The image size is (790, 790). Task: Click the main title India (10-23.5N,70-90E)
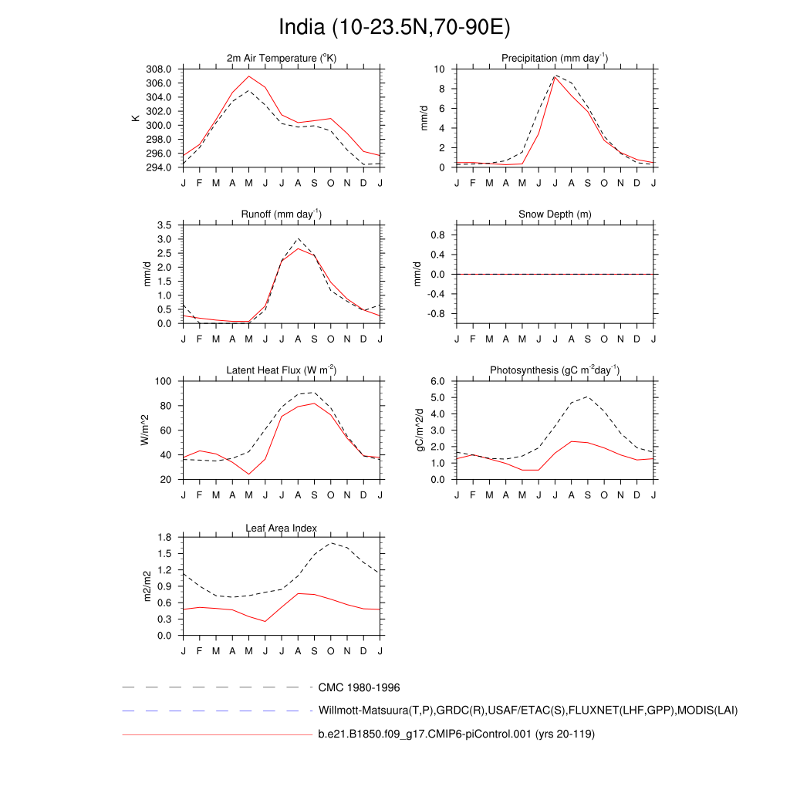coord(394,28)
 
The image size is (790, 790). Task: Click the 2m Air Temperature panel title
coord(282,58)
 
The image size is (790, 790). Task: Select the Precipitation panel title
coord(555,58)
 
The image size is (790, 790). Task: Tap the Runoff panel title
coord(282,214)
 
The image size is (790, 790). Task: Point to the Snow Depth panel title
coord(555,214)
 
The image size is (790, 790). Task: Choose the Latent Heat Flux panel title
coord(282,370)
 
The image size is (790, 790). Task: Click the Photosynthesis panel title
coord(555,370)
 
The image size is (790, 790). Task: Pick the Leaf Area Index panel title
coord(282,528)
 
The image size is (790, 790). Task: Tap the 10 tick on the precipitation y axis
coord(440,69)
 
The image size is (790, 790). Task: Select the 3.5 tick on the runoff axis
coord(165,225)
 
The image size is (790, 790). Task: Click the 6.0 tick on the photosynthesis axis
coord(438,381)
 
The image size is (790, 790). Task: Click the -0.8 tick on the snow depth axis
coord(437,314)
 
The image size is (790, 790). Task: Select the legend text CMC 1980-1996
coord(359,687)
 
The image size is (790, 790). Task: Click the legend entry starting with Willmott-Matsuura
coord(528,710)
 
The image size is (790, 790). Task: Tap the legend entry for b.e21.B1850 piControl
coord(456,734)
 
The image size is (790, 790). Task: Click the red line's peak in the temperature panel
coord(248,76)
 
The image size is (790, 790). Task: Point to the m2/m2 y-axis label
coord(147,586)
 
